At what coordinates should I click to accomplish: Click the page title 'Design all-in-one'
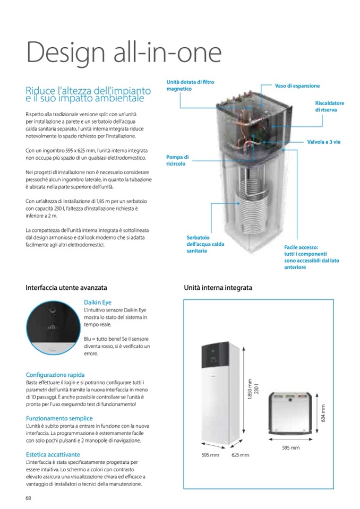click(123, 53)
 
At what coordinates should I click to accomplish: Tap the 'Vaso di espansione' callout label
click(297, 85)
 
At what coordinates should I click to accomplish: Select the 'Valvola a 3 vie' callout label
click(323, 142)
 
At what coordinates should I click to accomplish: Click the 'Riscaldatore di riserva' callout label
click(329, 106)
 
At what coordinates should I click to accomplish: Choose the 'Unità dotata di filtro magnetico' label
click(190, 85)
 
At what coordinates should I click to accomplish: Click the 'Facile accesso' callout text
click(311, 257)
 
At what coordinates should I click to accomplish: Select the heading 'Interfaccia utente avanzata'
click(66, 288)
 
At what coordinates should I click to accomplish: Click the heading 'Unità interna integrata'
click(218, 288)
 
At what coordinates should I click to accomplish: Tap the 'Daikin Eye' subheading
click(97, 303)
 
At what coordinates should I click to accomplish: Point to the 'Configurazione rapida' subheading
click(55, 375)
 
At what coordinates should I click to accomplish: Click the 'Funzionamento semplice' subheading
click(59, 418)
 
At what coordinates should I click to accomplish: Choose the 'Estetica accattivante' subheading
click(53, 455)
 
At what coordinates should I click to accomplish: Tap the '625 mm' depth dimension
click(240, 455)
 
